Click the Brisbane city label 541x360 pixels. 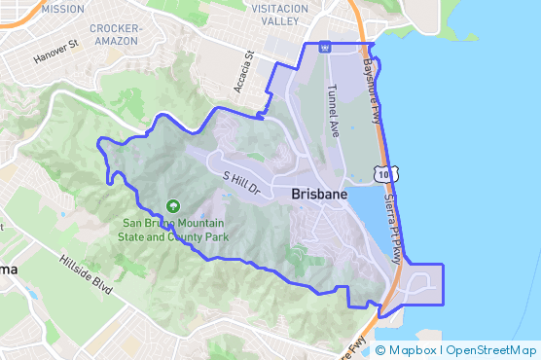click(x=319, y=195)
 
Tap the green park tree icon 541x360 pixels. click(x=172, y=205)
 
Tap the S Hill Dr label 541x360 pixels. click(x=242, y=180)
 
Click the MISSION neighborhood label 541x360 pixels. click(x=63, y=9)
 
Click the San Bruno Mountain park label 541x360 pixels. click(x=173, y=229)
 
